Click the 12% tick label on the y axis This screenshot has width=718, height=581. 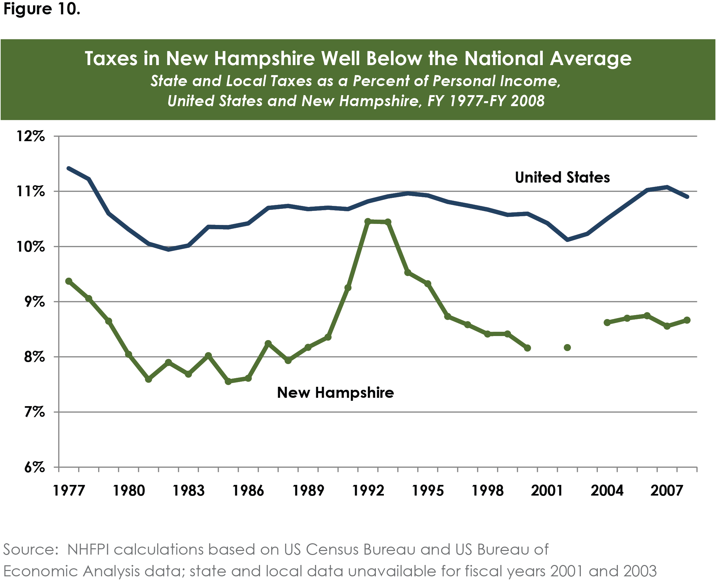tap(30, 136)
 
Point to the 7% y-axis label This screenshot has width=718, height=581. tap(34, 412)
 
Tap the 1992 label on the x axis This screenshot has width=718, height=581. tap(368, 491)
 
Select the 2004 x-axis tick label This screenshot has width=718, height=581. tap(607, 491)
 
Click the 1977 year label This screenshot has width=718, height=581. tap(69, 491)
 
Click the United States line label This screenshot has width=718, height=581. tap(562, 178)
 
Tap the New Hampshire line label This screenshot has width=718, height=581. tap(335, 392)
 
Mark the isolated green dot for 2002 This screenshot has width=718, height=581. tap(567, 348)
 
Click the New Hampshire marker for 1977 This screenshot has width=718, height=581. tap(69, 281)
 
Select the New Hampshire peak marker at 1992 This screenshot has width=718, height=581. tap(368, 222)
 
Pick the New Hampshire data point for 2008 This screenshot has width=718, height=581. tap(687, 320)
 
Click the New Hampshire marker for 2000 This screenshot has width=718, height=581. tap(527, 348)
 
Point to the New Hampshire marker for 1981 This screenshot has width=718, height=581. tap(149, 379)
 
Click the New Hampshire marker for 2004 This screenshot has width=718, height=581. tap(607, 323)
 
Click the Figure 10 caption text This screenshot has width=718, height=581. tap(41, 9)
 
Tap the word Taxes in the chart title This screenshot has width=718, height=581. tap(111, 59)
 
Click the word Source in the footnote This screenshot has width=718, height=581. tap(30, 550)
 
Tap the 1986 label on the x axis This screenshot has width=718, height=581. tap(248, 491)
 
